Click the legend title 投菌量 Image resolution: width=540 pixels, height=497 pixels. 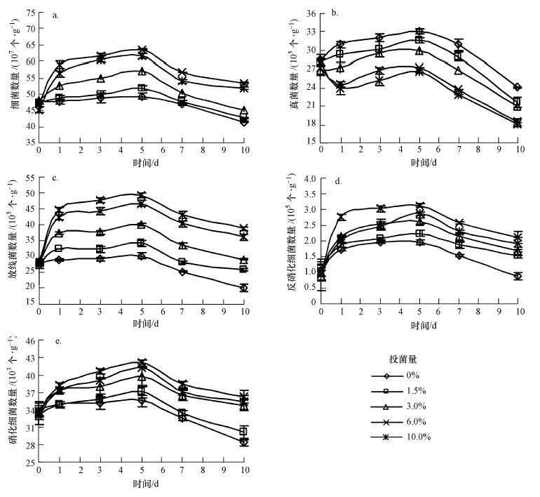[406, 359]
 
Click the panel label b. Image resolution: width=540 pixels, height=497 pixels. [335, 13]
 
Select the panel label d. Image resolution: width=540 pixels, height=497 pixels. [338, 182]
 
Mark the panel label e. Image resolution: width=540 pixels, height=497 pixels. [58, 341]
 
